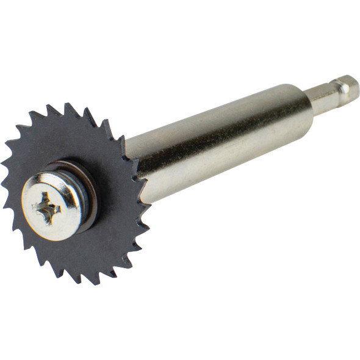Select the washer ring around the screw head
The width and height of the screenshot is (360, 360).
[90, 183]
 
